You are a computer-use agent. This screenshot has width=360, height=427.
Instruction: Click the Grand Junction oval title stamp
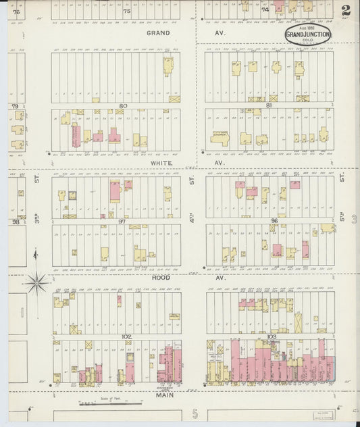[x=307, y=35]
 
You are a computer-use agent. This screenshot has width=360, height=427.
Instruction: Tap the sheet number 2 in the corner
[x=346, y=11]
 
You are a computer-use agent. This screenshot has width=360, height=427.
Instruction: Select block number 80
[x=122, y=105]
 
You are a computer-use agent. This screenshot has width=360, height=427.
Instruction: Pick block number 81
[x=269, y=105]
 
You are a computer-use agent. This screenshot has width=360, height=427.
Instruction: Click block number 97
[x=122, y=221]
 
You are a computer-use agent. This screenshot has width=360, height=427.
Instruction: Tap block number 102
[x=126, y=336]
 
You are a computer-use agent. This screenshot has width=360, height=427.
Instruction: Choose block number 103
[x=272, y=336]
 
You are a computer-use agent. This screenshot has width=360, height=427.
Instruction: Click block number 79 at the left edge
[x=14, y=107]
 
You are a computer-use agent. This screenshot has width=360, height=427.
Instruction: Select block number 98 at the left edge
[x=14, y=222]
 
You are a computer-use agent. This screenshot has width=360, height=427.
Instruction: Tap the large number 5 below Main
[x=195, y=413]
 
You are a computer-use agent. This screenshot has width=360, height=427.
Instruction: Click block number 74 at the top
[x=265, y=10]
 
